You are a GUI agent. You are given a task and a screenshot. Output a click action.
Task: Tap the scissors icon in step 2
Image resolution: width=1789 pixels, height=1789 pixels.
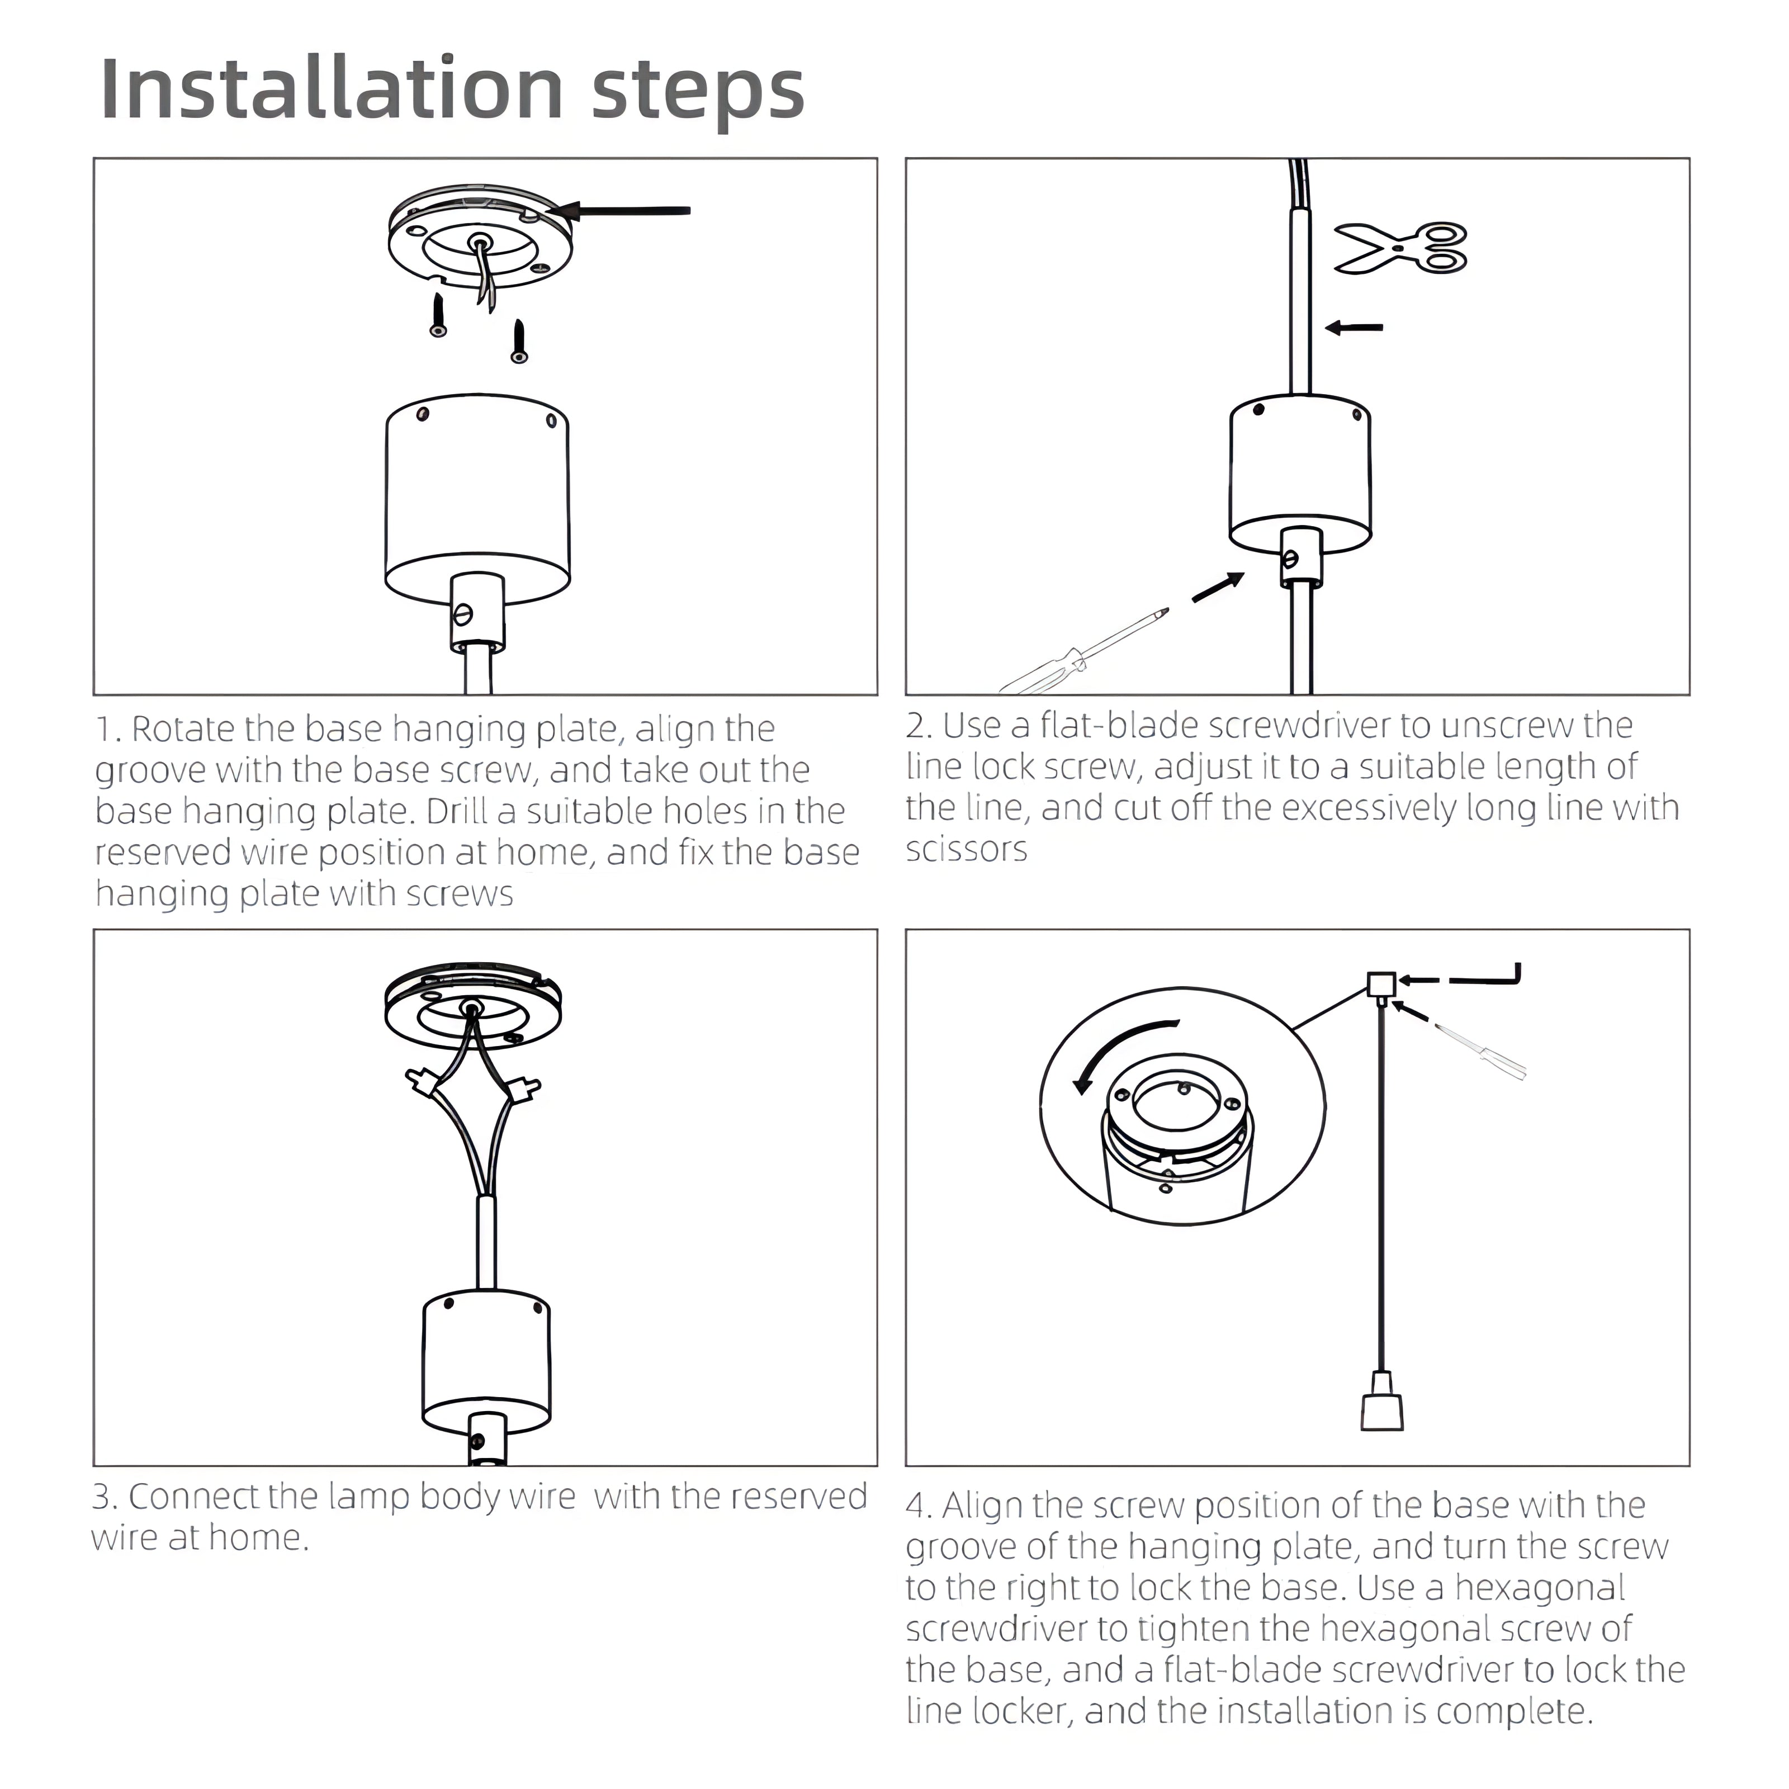click(x=1400, y=248)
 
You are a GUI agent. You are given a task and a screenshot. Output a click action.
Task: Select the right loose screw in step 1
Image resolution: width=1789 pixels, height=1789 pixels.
click(x=519, y=341)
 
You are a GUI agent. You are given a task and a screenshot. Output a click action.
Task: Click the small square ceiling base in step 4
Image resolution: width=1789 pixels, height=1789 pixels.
click(x=1381, y=983)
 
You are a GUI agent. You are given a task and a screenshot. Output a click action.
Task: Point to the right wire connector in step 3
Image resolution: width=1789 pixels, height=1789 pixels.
click(x=523, y=1087)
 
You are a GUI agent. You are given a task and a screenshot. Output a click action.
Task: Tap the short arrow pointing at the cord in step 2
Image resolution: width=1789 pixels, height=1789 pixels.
click(x=1354, y=327)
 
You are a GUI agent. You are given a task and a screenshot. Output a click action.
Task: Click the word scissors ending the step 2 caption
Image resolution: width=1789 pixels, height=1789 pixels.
click(x=967, y=849)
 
